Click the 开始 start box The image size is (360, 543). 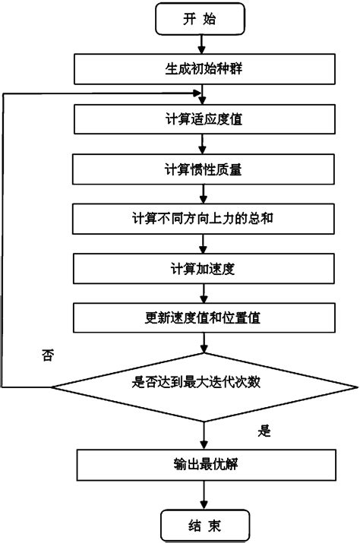pyautogui.click(x=201, y=21)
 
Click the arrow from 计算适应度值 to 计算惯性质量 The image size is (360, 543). pyautogui.click(x=201, y=144)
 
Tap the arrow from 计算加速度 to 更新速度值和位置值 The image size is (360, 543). pyautogui.click(x=201, y=292)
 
